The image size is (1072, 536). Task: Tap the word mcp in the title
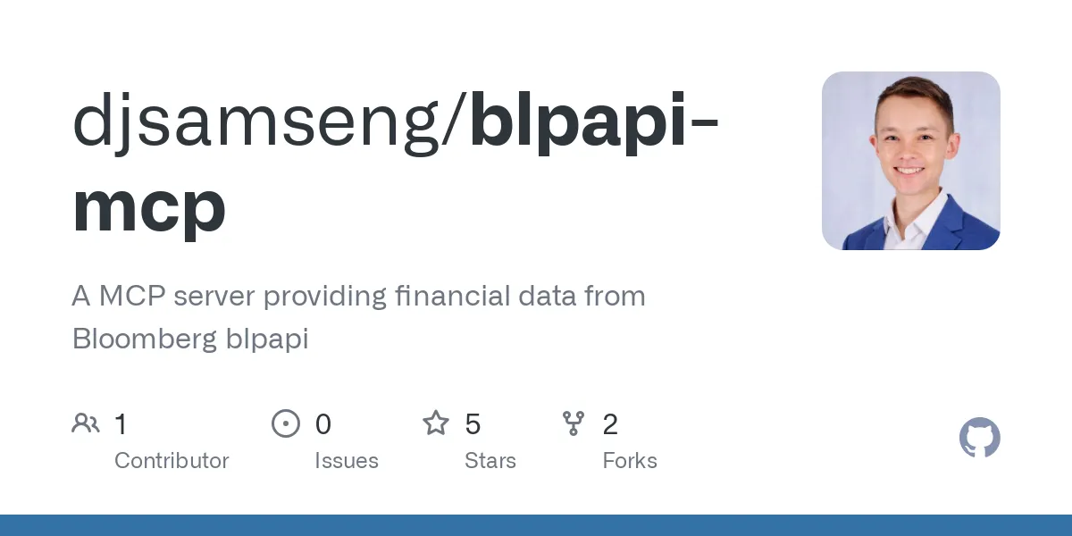pyautogui.click(x=149, y=207)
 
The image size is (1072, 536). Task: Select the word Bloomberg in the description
pyautogui.click(x=144, y=339)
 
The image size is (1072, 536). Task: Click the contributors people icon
pyautogui.click(x=86, y=423)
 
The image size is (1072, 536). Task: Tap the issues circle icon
pyautogui.click(x=285, y=423)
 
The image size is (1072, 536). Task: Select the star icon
pyautogui.click(x=436, y=423)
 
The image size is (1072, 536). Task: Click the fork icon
pyautogui.click(x=574, y=423)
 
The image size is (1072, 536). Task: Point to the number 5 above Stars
pyautogui.click(x=473, y=424)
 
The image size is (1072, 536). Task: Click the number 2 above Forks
pyautogui.click(x=610, y=424)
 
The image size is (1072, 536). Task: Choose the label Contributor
pyautogui.click(x=172, y=461)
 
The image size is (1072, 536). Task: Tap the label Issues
pyautogui.click(x=347, y=461)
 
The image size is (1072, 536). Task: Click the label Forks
pyautogui.click(x=630, y=461)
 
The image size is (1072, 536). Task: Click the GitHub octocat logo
pyautogui.click(x=979, y=439)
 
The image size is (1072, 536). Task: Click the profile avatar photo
pyautogui.click(x=910, y=161)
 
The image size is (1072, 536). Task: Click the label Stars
pyautogui.click(x=490, y=461)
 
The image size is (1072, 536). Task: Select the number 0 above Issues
pyautogui.click(x=323, y=424)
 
